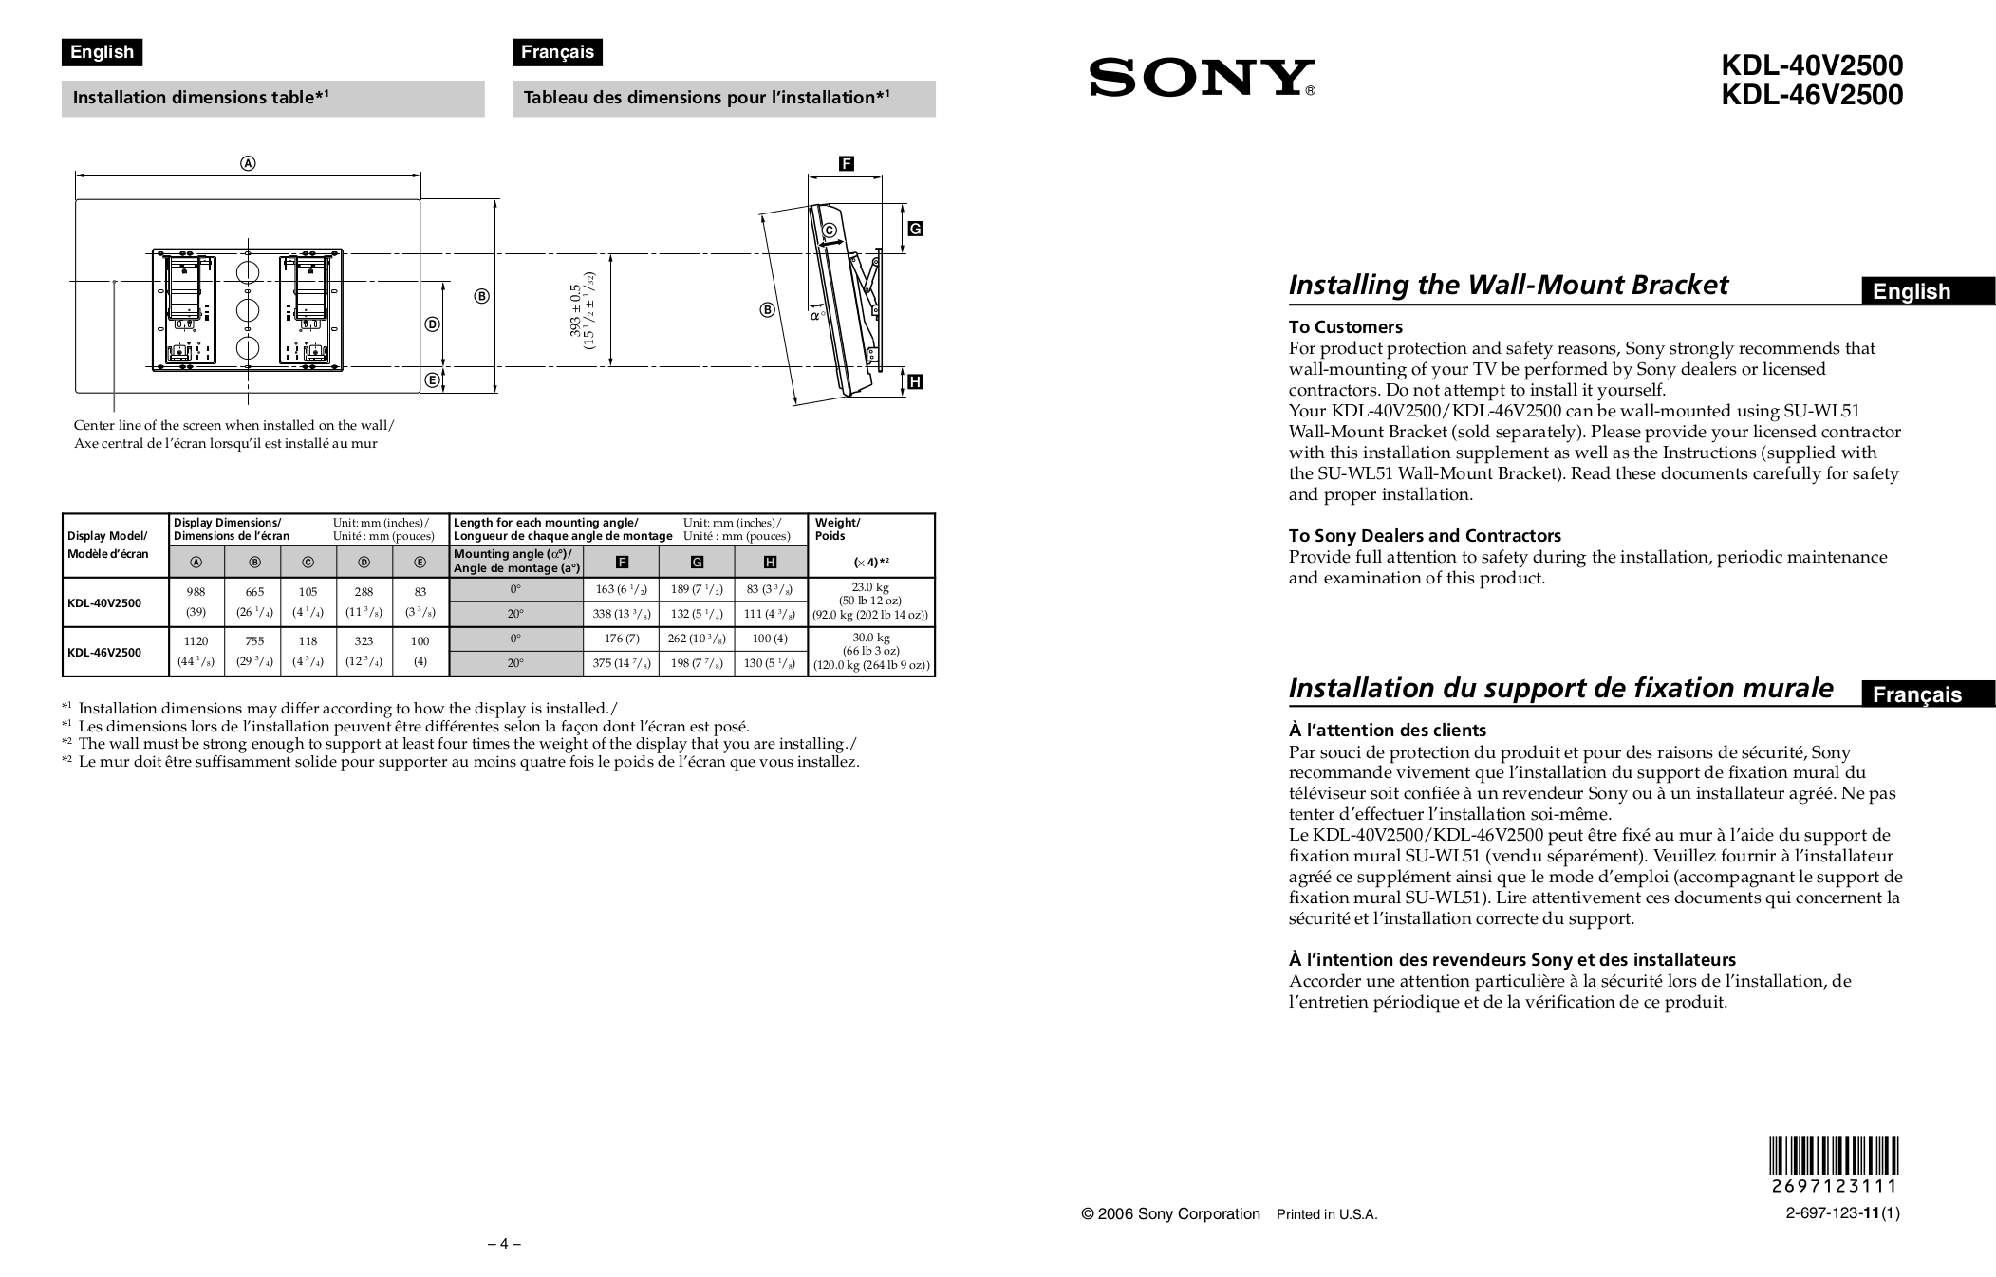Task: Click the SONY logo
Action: [1201, 78]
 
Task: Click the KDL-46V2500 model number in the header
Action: [1812, 96]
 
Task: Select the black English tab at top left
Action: [103, 52]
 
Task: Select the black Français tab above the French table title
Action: [557, 52]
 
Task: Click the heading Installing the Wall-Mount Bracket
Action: [1507, 285]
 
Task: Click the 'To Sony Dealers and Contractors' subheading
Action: [1424, 536]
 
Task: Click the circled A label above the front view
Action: [248, 163]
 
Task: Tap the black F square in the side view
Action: [846, 164]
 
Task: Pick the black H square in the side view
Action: [915, 382]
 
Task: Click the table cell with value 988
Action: [196, 591]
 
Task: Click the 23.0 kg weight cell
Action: [870, 588]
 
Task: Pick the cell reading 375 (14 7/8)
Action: [622, 663]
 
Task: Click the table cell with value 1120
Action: [196, 641]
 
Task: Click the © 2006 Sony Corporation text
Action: [1170, 1214]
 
